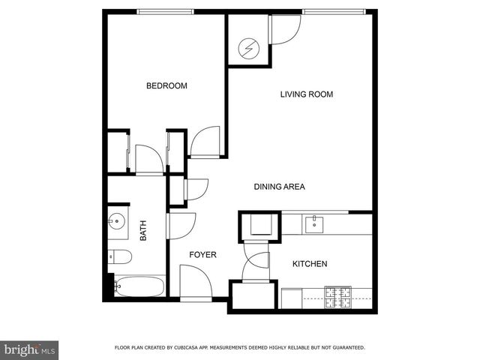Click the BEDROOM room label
(166, 86)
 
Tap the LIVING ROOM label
(306, 94)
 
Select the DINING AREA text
(279, 187)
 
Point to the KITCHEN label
(309, 264)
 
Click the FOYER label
(202, 255)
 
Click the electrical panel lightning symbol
(247, 49)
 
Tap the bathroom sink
(116, 221)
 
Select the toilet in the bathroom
(119, 257)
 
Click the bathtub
(139, 286)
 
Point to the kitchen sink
(313, 221)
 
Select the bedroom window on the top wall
(165, 11)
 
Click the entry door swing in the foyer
(193, 283)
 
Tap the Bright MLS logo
(29, 349)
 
